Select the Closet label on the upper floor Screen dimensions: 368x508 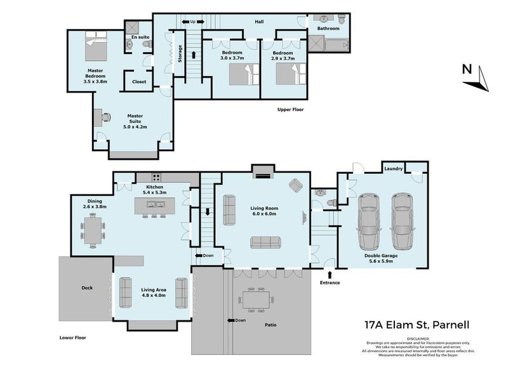139,82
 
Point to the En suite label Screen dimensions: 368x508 140,37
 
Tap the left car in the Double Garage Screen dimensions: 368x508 369,221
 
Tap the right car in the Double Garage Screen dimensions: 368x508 402,221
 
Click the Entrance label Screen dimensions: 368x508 330,282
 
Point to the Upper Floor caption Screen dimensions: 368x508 291,110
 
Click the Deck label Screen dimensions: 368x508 87,288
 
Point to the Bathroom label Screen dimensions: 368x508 328,29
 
